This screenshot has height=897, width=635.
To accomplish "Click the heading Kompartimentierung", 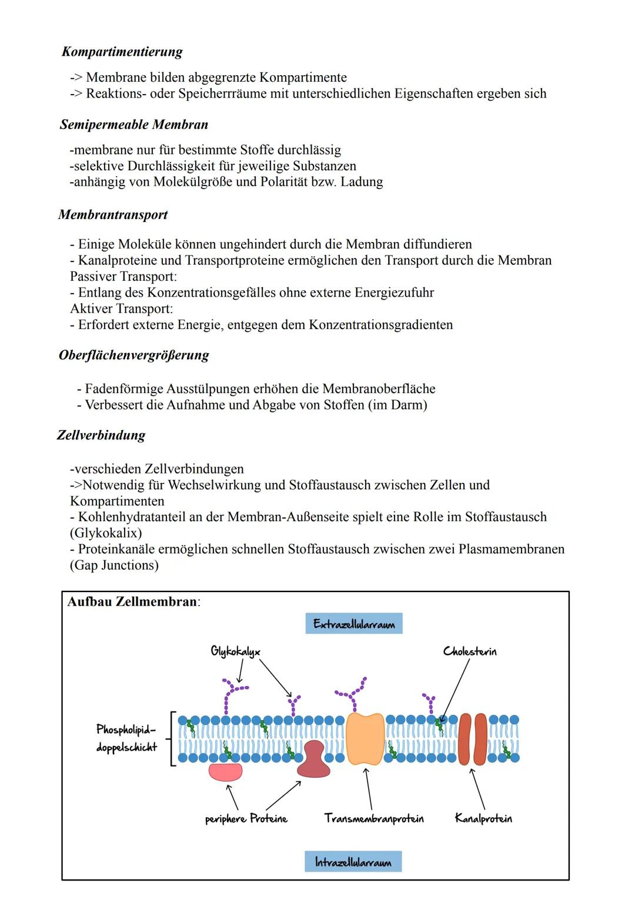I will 122,52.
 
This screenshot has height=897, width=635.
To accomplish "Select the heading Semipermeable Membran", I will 134,125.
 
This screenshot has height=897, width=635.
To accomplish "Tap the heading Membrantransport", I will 113,214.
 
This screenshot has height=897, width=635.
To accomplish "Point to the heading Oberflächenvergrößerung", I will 134,355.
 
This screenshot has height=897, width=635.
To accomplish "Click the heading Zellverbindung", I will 101,435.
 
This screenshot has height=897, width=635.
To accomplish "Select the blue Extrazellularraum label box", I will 354,624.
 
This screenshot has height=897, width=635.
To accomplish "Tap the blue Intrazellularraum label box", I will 353,862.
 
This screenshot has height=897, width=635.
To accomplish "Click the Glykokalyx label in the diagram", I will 235,651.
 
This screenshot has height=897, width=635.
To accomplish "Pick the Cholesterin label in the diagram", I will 470,651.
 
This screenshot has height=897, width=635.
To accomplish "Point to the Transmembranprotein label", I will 374,818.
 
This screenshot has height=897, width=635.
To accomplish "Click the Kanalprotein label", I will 483,818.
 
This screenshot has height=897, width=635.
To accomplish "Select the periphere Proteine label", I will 246,818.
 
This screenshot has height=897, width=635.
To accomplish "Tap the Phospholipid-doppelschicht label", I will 127,738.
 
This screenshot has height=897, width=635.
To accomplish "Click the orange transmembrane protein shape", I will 365,738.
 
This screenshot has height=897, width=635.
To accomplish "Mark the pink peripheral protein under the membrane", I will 225,772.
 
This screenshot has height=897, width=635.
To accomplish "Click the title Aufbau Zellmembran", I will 133,602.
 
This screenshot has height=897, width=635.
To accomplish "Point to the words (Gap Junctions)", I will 114,565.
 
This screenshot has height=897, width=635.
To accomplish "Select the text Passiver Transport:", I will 123,276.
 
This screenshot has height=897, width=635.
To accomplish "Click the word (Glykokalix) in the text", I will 106,533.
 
